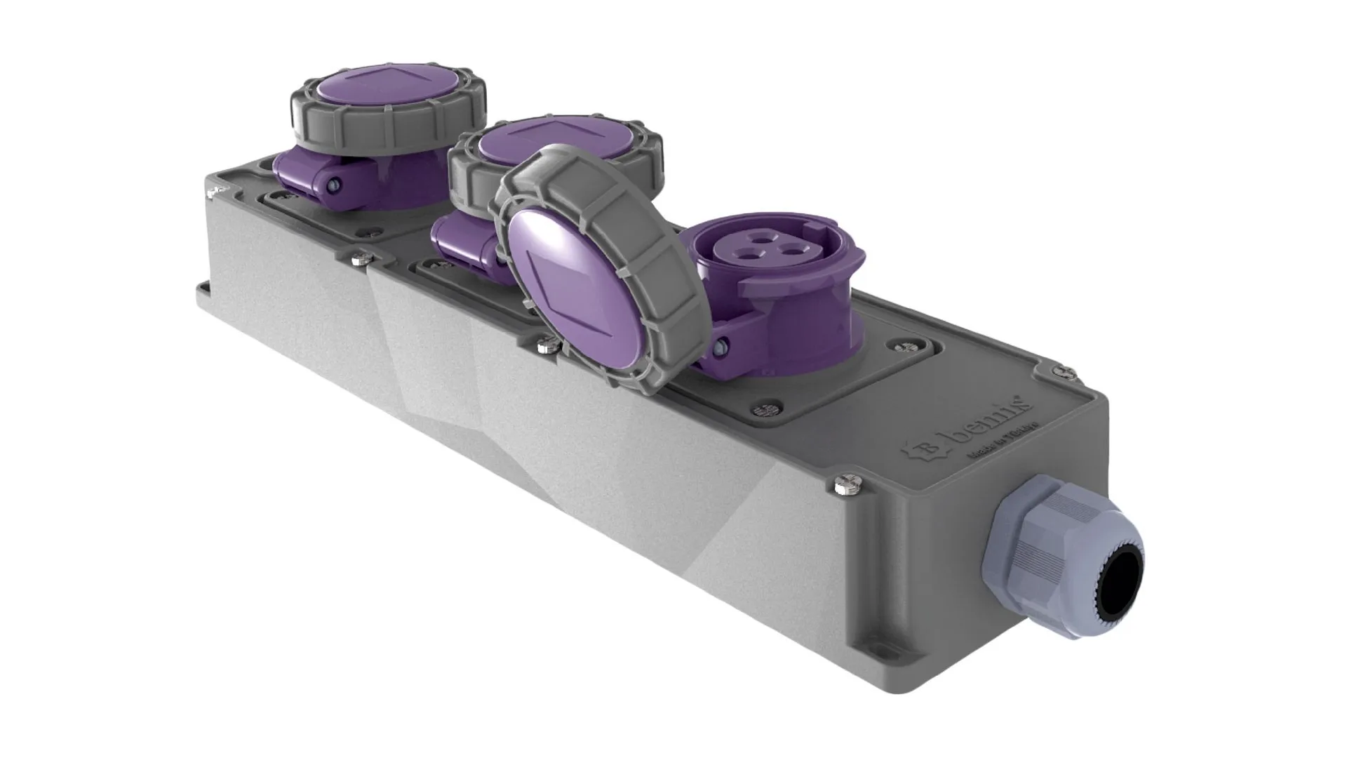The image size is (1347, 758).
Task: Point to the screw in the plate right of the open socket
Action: tap(900, 346)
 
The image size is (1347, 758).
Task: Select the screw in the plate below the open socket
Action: tap(767, 408)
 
